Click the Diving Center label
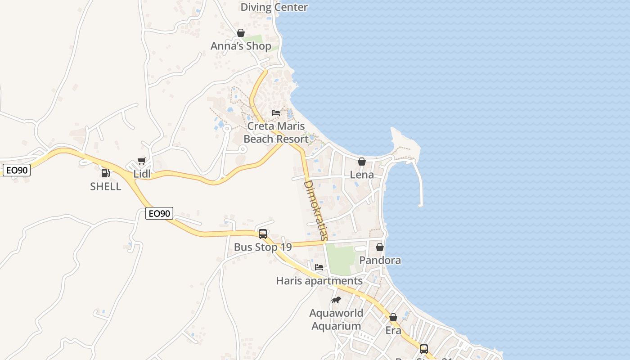[x=274, y=7]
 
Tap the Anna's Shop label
[x=241, y=46]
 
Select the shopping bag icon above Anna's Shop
[x=241, y=33]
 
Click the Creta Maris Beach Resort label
[x=276, y=132]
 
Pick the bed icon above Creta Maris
[x=276, y=112]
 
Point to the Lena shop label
[x=362, y=175]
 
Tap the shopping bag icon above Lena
[x=362, y=162]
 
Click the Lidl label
[x=142, y=174]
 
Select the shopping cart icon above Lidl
[x=142, y=161]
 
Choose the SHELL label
[x=106, y=186]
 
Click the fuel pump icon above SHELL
[x=105, y=173]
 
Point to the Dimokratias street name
[x=315, y=210]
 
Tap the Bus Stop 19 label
[x=263, y=247]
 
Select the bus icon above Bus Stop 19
[x=263, y=234]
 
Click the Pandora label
[x=380, y=260]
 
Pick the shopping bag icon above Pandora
[x=380, y=247]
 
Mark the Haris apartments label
[x=319, y=281]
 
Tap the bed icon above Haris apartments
[x=319, y=267]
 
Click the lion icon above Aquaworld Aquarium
[x=336, y=300]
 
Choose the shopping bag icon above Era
[x=393, y=317]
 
